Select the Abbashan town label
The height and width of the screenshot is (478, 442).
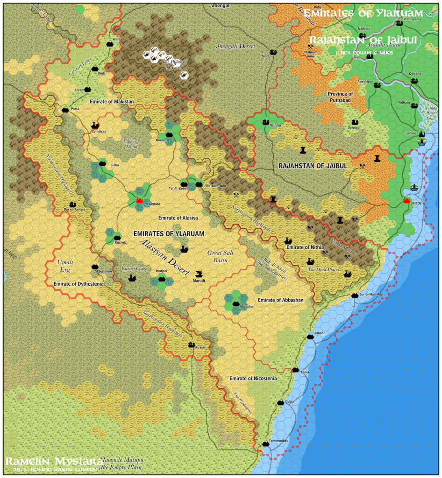tap(247, 307)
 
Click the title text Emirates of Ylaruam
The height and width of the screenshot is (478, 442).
tap(363, 13)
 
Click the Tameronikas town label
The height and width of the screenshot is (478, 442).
tap(279, 441)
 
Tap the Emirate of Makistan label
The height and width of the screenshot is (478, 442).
tap(112, 101)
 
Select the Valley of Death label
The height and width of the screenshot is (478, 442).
tap(131, 144)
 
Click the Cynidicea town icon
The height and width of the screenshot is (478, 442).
tap(95, 126)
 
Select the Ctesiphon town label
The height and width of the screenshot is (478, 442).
tap(103, 271)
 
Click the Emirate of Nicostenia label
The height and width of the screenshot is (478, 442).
tap(253, 378)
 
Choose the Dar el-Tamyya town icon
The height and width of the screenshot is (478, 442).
tap(72, 204)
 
